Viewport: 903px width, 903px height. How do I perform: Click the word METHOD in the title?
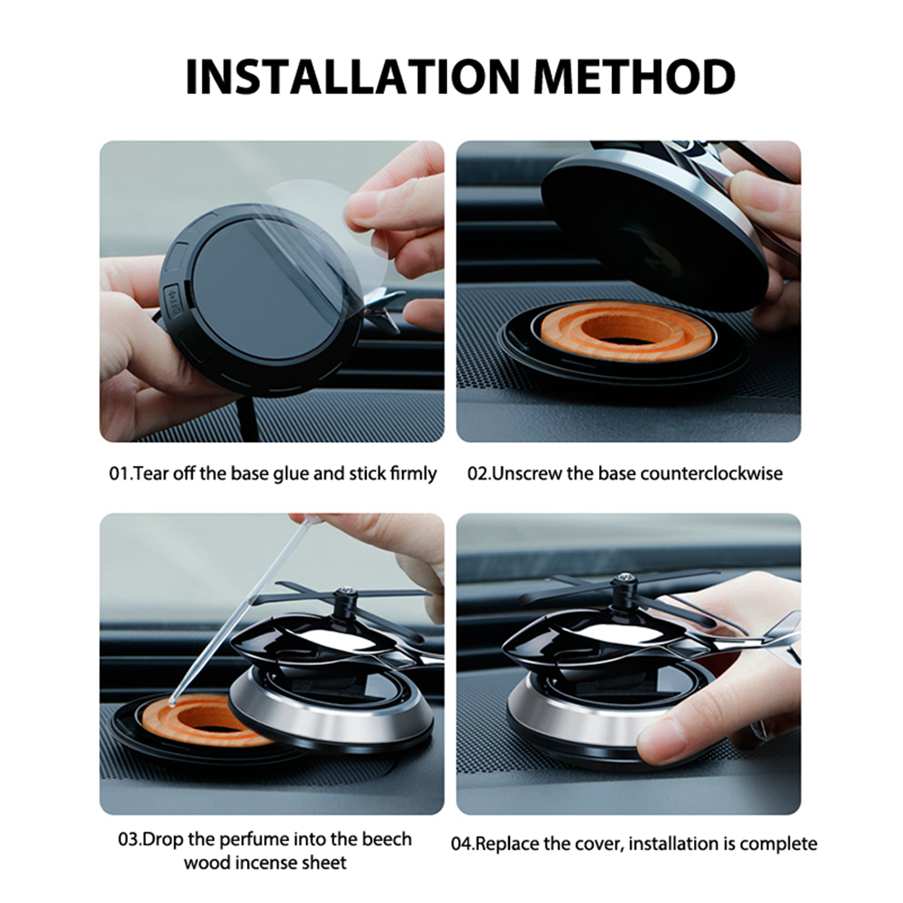click(635, 76)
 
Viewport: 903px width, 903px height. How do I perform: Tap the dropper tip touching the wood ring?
click(172, 702)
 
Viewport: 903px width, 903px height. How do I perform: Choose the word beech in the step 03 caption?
click(387, 839)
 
